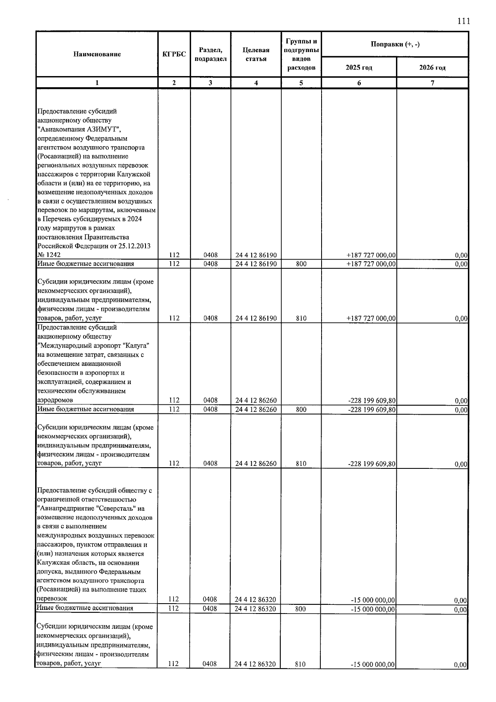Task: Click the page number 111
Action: [x=464, y=21]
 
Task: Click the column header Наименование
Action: [x=97, y=54]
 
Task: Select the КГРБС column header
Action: [x=174, y=54]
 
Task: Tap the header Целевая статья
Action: [x=256, y=54]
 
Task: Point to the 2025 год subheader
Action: [x=359, y=67]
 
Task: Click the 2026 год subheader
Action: [x=432, y=67]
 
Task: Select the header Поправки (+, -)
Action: [x=395, y=45]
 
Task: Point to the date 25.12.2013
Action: [x=133, y=246]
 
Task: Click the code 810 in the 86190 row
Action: [x=301, y=318]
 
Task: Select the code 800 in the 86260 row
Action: [x=301, y=409]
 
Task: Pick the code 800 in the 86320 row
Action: [x=301, y=609]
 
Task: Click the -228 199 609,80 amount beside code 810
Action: [x=372, y=464]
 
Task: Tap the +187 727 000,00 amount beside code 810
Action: [x=371, y=318]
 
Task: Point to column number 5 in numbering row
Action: [x=301, y=83]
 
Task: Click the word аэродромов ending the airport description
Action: [x=55, y=400]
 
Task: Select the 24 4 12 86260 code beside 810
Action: [x=256, y=464]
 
